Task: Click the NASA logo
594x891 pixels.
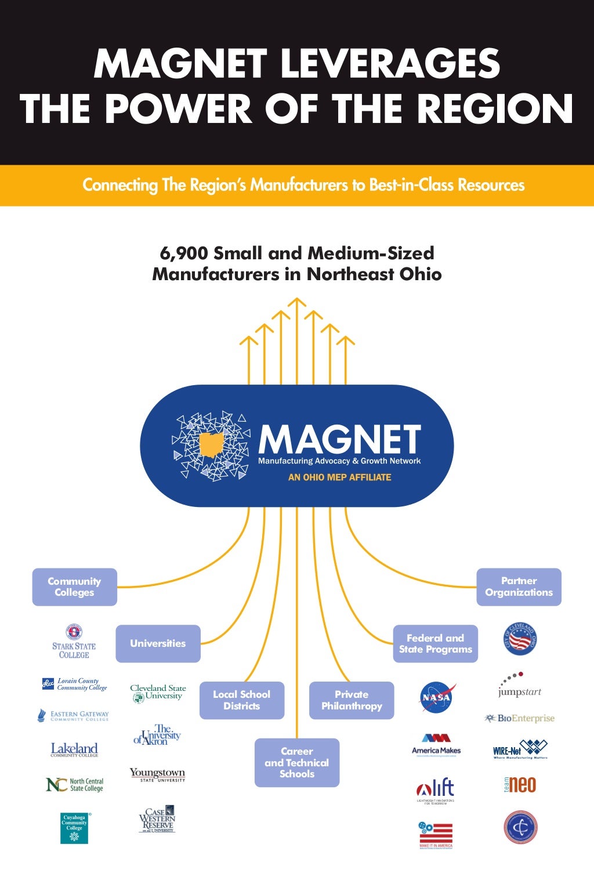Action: (x=437, y=697)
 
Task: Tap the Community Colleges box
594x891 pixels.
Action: (x=74, y=587)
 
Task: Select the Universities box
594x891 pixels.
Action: (x=158, y=643)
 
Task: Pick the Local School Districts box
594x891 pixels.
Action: (x=242, y=700)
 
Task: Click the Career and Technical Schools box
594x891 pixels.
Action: (x=297, y=762)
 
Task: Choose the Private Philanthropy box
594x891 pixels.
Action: (x=352, y=700)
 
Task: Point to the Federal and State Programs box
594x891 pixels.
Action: (x=436, y=643)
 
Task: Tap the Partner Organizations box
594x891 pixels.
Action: (x=519, y=587)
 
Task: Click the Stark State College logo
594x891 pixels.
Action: (x=74, y=642)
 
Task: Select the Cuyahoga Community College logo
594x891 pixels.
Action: (x=74, y=828)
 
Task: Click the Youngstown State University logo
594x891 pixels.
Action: (x=157, y=775)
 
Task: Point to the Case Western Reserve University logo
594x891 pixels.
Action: (x=157, y=819)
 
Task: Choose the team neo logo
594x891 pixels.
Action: (x=520, y=785)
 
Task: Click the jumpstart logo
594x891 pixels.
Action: (x=519, y=686)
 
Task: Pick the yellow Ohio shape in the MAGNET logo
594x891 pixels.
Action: (x=212, y=444)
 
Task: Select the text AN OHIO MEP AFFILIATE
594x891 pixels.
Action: (x=340, y=477)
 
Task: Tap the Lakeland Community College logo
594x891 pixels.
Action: (x=74, y=749)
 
